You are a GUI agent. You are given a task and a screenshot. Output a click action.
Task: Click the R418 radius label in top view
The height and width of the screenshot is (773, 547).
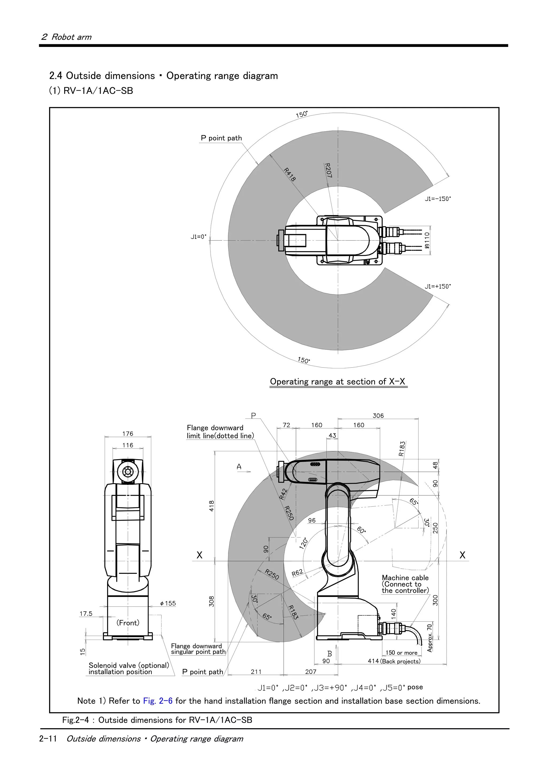tap(290, 174)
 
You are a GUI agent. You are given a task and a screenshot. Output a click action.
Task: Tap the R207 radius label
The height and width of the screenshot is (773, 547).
tap(328, 170)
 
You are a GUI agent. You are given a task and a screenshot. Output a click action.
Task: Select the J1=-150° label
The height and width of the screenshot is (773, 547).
tap(437, 199)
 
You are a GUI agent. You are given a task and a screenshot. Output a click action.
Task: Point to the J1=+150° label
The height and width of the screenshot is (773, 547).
tap(437, 286)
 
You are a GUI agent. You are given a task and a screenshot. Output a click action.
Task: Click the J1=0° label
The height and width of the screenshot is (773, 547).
tap(198, 237)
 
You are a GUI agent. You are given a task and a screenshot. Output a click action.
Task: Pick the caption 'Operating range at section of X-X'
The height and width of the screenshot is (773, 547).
tap(337, 381)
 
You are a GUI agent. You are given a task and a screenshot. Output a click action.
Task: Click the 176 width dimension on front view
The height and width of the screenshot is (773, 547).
tap(128, 434)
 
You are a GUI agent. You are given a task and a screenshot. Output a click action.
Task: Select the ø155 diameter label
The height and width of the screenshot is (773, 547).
tap(168, 603)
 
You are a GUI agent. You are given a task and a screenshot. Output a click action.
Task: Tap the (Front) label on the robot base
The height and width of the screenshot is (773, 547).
tap(128, 623)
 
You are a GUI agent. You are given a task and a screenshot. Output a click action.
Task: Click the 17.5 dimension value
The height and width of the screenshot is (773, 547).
tap(86, 613)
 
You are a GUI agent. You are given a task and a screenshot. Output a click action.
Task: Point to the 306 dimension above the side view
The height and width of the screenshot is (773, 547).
tap(378, 416)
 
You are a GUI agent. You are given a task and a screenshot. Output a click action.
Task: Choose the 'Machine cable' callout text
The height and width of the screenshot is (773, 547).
tap(405, 578)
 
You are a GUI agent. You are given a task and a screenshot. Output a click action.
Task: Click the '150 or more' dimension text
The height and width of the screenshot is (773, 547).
tap(401, 652)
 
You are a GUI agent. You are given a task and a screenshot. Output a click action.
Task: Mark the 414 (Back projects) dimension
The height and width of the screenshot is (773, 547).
tap(394, 661)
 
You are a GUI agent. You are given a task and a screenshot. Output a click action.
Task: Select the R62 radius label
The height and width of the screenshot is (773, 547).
tap(297, 573)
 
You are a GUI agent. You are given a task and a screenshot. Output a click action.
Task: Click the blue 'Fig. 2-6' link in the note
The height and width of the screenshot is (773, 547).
tap(158, 701)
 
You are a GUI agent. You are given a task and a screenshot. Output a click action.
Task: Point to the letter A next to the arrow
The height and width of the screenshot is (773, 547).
tap(239, 467)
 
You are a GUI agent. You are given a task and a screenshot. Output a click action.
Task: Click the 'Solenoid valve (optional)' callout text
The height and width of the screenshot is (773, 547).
tap(129, 665)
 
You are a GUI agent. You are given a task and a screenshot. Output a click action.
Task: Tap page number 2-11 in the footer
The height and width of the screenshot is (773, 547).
tap(48, 739)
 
